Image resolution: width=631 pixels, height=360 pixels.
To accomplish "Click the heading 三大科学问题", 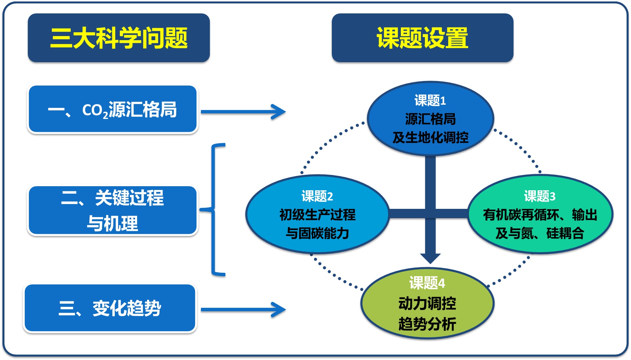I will coord(119,38).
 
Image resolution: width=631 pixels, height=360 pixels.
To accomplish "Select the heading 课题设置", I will coord(422,38).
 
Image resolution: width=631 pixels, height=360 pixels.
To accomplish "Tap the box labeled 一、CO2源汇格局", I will coord(112,110).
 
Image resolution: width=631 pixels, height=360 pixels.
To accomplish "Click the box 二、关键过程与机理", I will coord(112,210).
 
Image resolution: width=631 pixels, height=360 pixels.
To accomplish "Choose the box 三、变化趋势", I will coord(110,308).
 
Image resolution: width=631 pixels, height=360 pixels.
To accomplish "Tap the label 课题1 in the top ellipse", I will coord(430,101).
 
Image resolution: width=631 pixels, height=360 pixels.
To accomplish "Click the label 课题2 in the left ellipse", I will coord(317,196).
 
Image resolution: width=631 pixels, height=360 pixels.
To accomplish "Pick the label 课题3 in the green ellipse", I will coord(540,196).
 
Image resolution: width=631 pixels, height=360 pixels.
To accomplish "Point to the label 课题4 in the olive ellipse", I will coord(427,283).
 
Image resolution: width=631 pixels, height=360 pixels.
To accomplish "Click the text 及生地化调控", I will coord(430,138).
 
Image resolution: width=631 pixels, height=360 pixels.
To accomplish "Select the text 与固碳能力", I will coord(317,233).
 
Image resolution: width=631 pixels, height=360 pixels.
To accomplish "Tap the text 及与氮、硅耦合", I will coord(540,233).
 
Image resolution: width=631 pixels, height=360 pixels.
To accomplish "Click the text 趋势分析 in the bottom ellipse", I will coord(427,324).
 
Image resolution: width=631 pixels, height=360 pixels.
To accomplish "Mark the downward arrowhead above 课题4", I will coord(430,258).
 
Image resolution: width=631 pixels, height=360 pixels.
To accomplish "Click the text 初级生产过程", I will coord(317,215).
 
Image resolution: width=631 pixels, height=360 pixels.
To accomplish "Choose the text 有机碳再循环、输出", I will coord(540,215).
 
